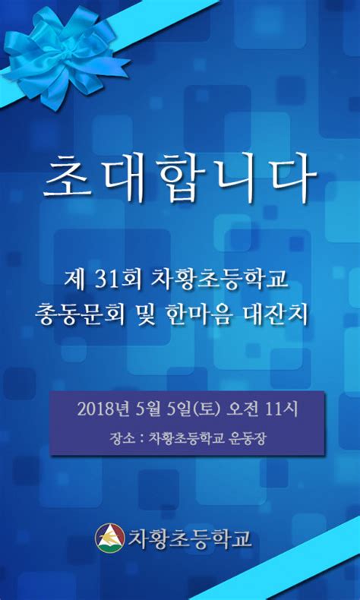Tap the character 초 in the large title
(67, 176)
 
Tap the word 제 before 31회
(78, 280)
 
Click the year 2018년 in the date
(102, 409)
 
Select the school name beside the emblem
(189, 538)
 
